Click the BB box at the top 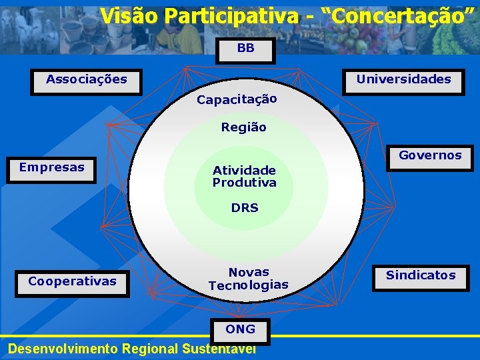click(x=245, y=49)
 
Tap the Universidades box click(x=403, y=81)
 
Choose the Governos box click(x=430, y=157)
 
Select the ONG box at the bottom click(x=240, y=330)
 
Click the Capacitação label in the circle click(x=237, y=100)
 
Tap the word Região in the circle click(x=243, y=127)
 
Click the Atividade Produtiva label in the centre click(x=244, y=177)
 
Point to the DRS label click(x=245, y=208)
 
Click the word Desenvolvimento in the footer click(x=59, y=349)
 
